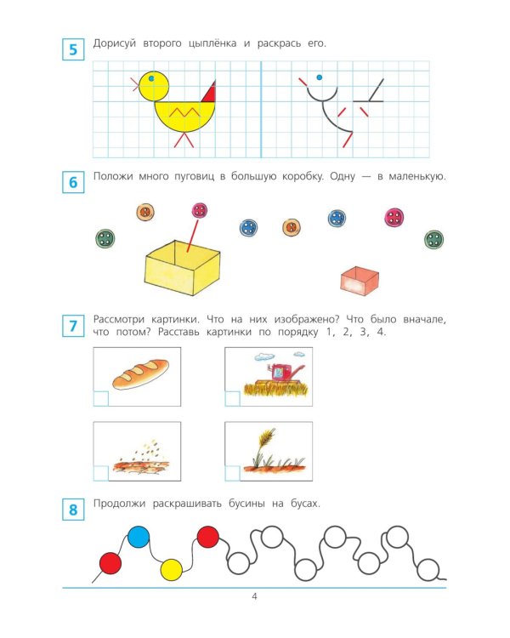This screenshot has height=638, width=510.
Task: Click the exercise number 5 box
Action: coord(73,49)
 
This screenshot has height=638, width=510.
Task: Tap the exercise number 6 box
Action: coord(73,182)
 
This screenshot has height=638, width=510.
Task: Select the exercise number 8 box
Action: coord(73,510)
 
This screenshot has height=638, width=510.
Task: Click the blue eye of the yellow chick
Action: coord(151,78)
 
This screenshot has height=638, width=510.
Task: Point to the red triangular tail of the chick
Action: coord(209,94)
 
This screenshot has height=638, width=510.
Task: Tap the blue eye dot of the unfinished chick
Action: coord(320,77)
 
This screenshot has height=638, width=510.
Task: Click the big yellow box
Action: coord(182,267)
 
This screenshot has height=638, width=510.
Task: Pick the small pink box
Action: coord(360,280)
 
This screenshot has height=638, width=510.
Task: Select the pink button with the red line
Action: coord(200,210)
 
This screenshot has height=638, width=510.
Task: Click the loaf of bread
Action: coord(140,374)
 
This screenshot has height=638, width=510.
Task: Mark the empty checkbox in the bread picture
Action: coord(101,399)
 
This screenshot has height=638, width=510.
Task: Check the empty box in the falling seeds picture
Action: coord(101,474)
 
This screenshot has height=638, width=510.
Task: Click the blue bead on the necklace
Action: coord(139,537)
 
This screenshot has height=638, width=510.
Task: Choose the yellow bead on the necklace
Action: coord(171,569)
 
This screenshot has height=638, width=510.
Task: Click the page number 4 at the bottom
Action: coord(255,596)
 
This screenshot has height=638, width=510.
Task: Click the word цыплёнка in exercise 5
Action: coord(212,43)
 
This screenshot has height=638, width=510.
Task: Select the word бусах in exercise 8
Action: coord(305,504)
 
